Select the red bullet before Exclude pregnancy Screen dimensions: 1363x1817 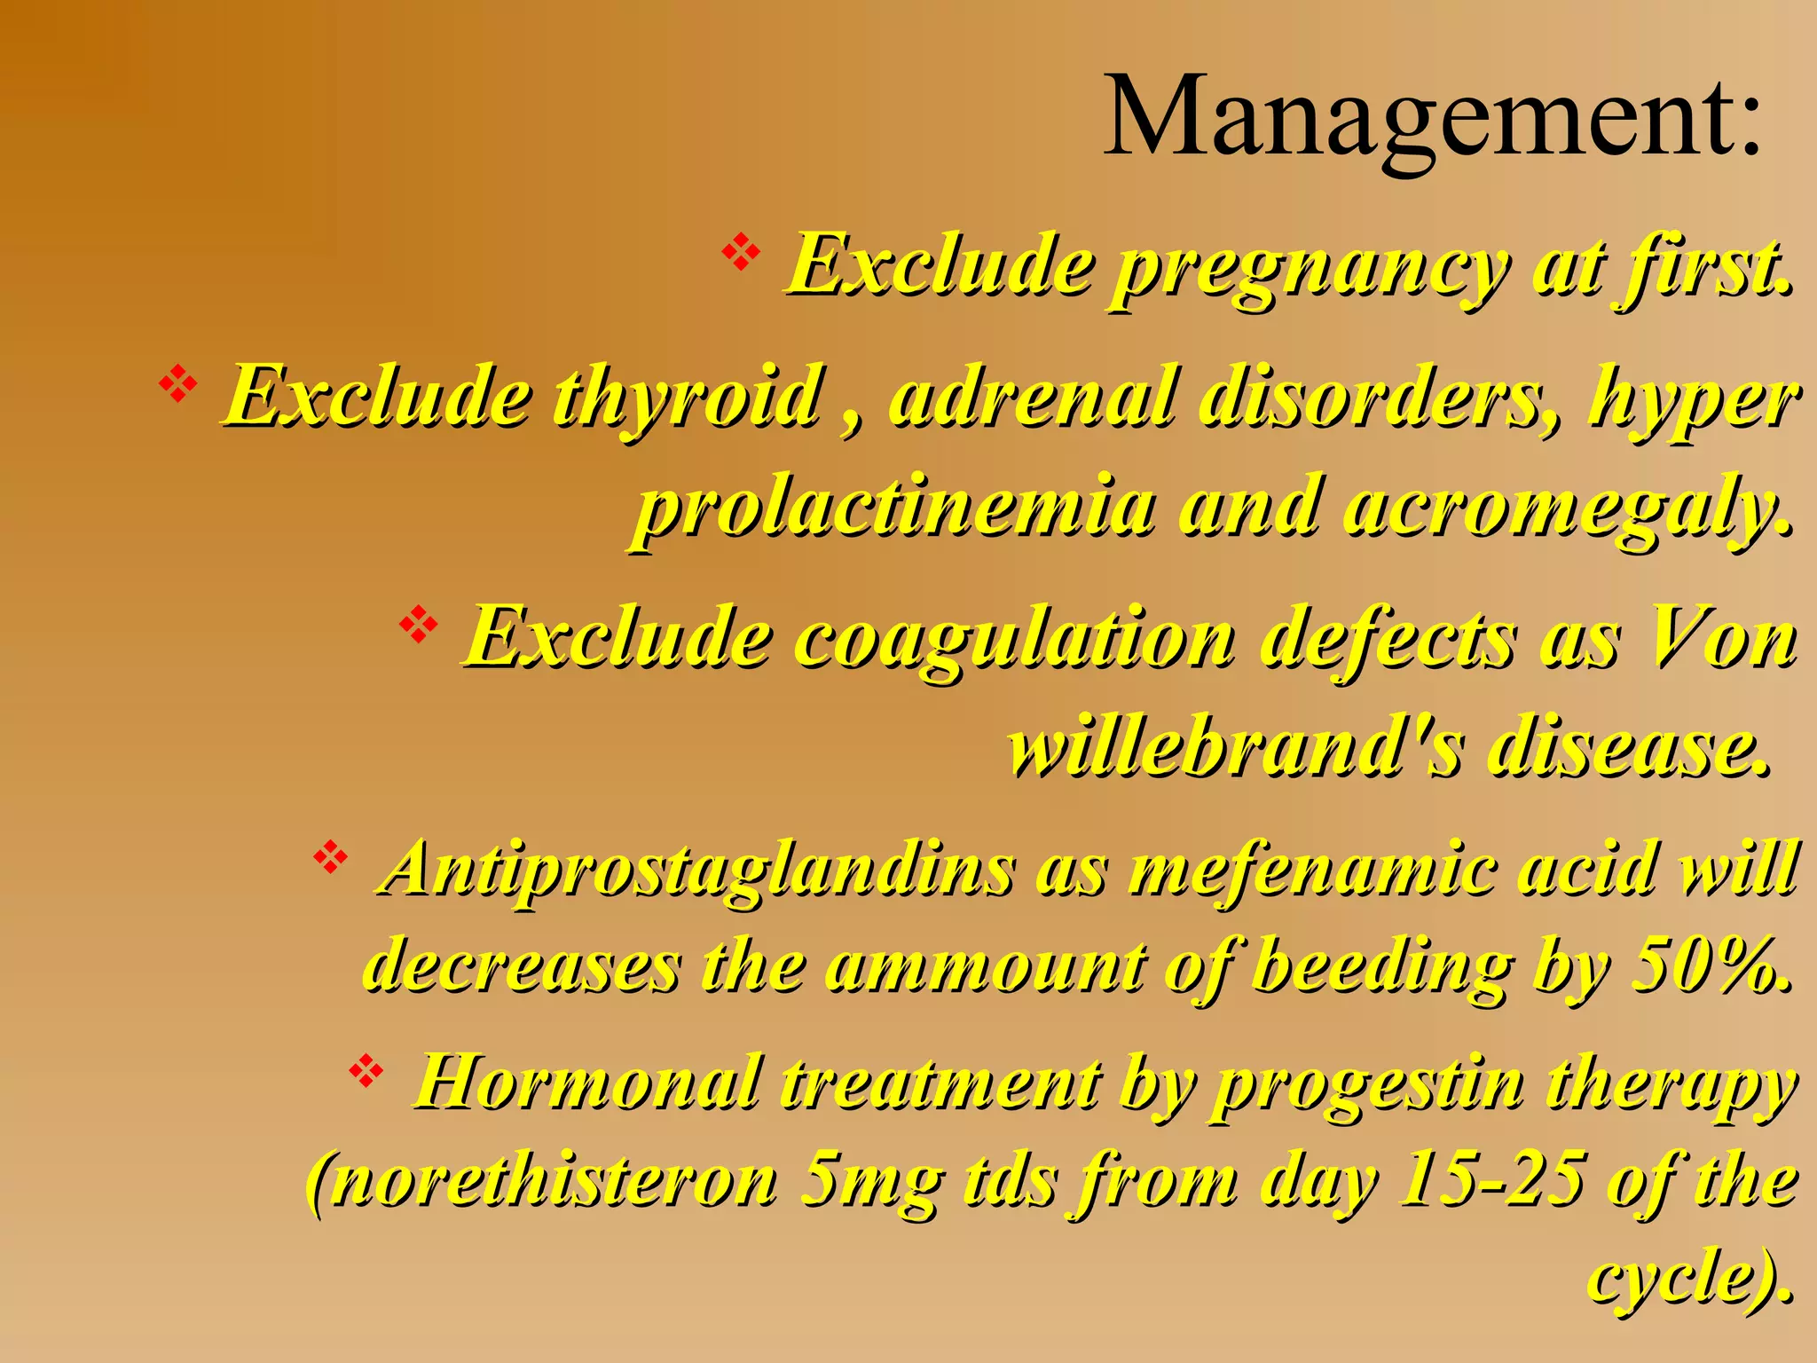[741, 254]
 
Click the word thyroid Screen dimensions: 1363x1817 [688, 397]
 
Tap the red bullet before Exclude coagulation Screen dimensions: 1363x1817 [419, 626]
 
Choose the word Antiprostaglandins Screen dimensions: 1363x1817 [696, 870]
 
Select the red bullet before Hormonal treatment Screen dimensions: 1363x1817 [366, 1072]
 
